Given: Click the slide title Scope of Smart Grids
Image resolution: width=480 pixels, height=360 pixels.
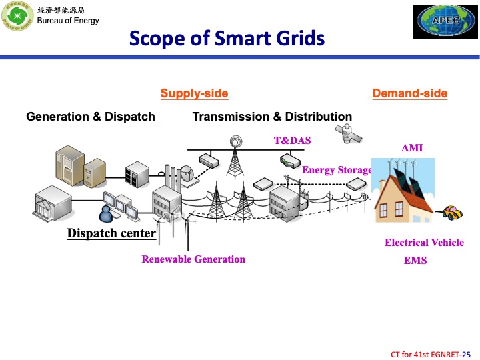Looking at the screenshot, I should (227, 38).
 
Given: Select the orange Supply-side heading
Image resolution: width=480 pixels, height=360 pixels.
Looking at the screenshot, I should (194, 93).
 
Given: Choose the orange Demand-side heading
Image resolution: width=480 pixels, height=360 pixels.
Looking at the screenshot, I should (409, 93).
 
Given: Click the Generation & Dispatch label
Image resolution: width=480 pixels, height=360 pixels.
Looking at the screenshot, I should (91, 117).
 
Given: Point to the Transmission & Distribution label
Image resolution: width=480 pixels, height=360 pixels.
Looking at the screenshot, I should (272, 117).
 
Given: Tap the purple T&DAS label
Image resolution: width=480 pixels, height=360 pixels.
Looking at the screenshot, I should (292, 141).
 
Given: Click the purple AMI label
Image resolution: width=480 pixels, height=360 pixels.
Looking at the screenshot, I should (411, 148).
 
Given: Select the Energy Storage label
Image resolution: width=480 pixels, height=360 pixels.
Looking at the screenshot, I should (337, 170).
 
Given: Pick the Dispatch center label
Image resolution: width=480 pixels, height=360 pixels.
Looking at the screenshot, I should (111, 233).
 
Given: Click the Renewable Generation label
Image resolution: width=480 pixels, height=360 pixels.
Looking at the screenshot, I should (193, 259).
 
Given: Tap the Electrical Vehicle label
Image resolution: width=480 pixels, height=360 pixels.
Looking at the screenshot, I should (424, 243).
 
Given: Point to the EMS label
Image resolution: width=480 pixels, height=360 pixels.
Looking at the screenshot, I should (415, 261).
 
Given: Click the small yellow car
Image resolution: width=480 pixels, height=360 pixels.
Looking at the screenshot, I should (452, 213).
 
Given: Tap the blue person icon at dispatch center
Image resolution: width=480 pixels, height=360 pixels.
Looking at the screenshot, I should (105, 213).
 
